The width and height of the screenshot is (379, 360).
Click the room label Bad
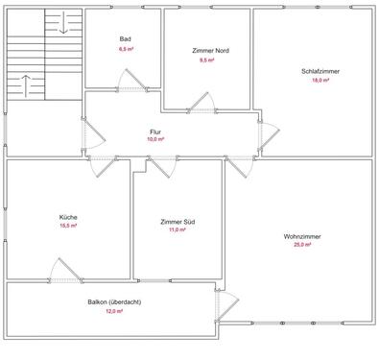(x=125, y=38)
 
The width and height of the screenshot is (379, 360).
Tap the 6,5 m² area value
(x=125, y=47)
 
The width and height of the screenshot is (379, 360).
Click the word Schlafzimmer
(x=315, y=71)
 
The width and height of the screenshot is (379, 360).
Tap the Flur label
(x=155, y=131)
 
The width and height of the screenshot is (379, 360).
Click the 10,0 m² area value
(x=155, y=139)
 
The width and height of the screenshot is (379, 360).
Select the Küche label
(x=68, y=217)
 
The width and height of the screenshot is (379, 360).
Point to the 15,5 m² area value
(x=68, y=226)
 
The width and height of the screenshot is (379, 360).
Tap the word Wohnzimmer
(x=302, y=236)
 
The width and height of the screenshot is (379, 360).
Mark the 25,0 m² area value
(x=302, y=245)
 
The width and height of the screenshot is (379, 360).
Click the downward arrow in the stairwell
(x=63, y=24)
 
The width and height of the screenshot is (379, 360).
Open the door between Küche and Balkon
(x=65, y=272)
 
